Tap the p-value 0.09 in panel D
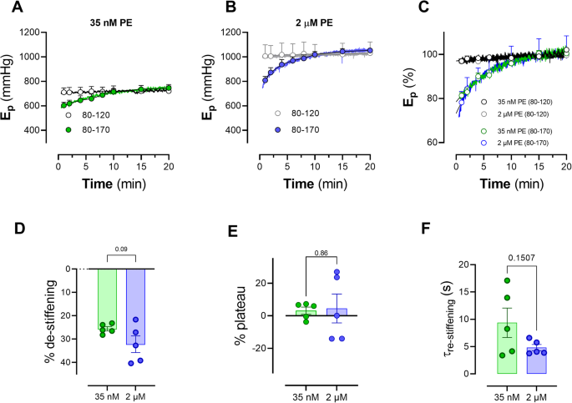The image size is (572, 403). tap(120, 248)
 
